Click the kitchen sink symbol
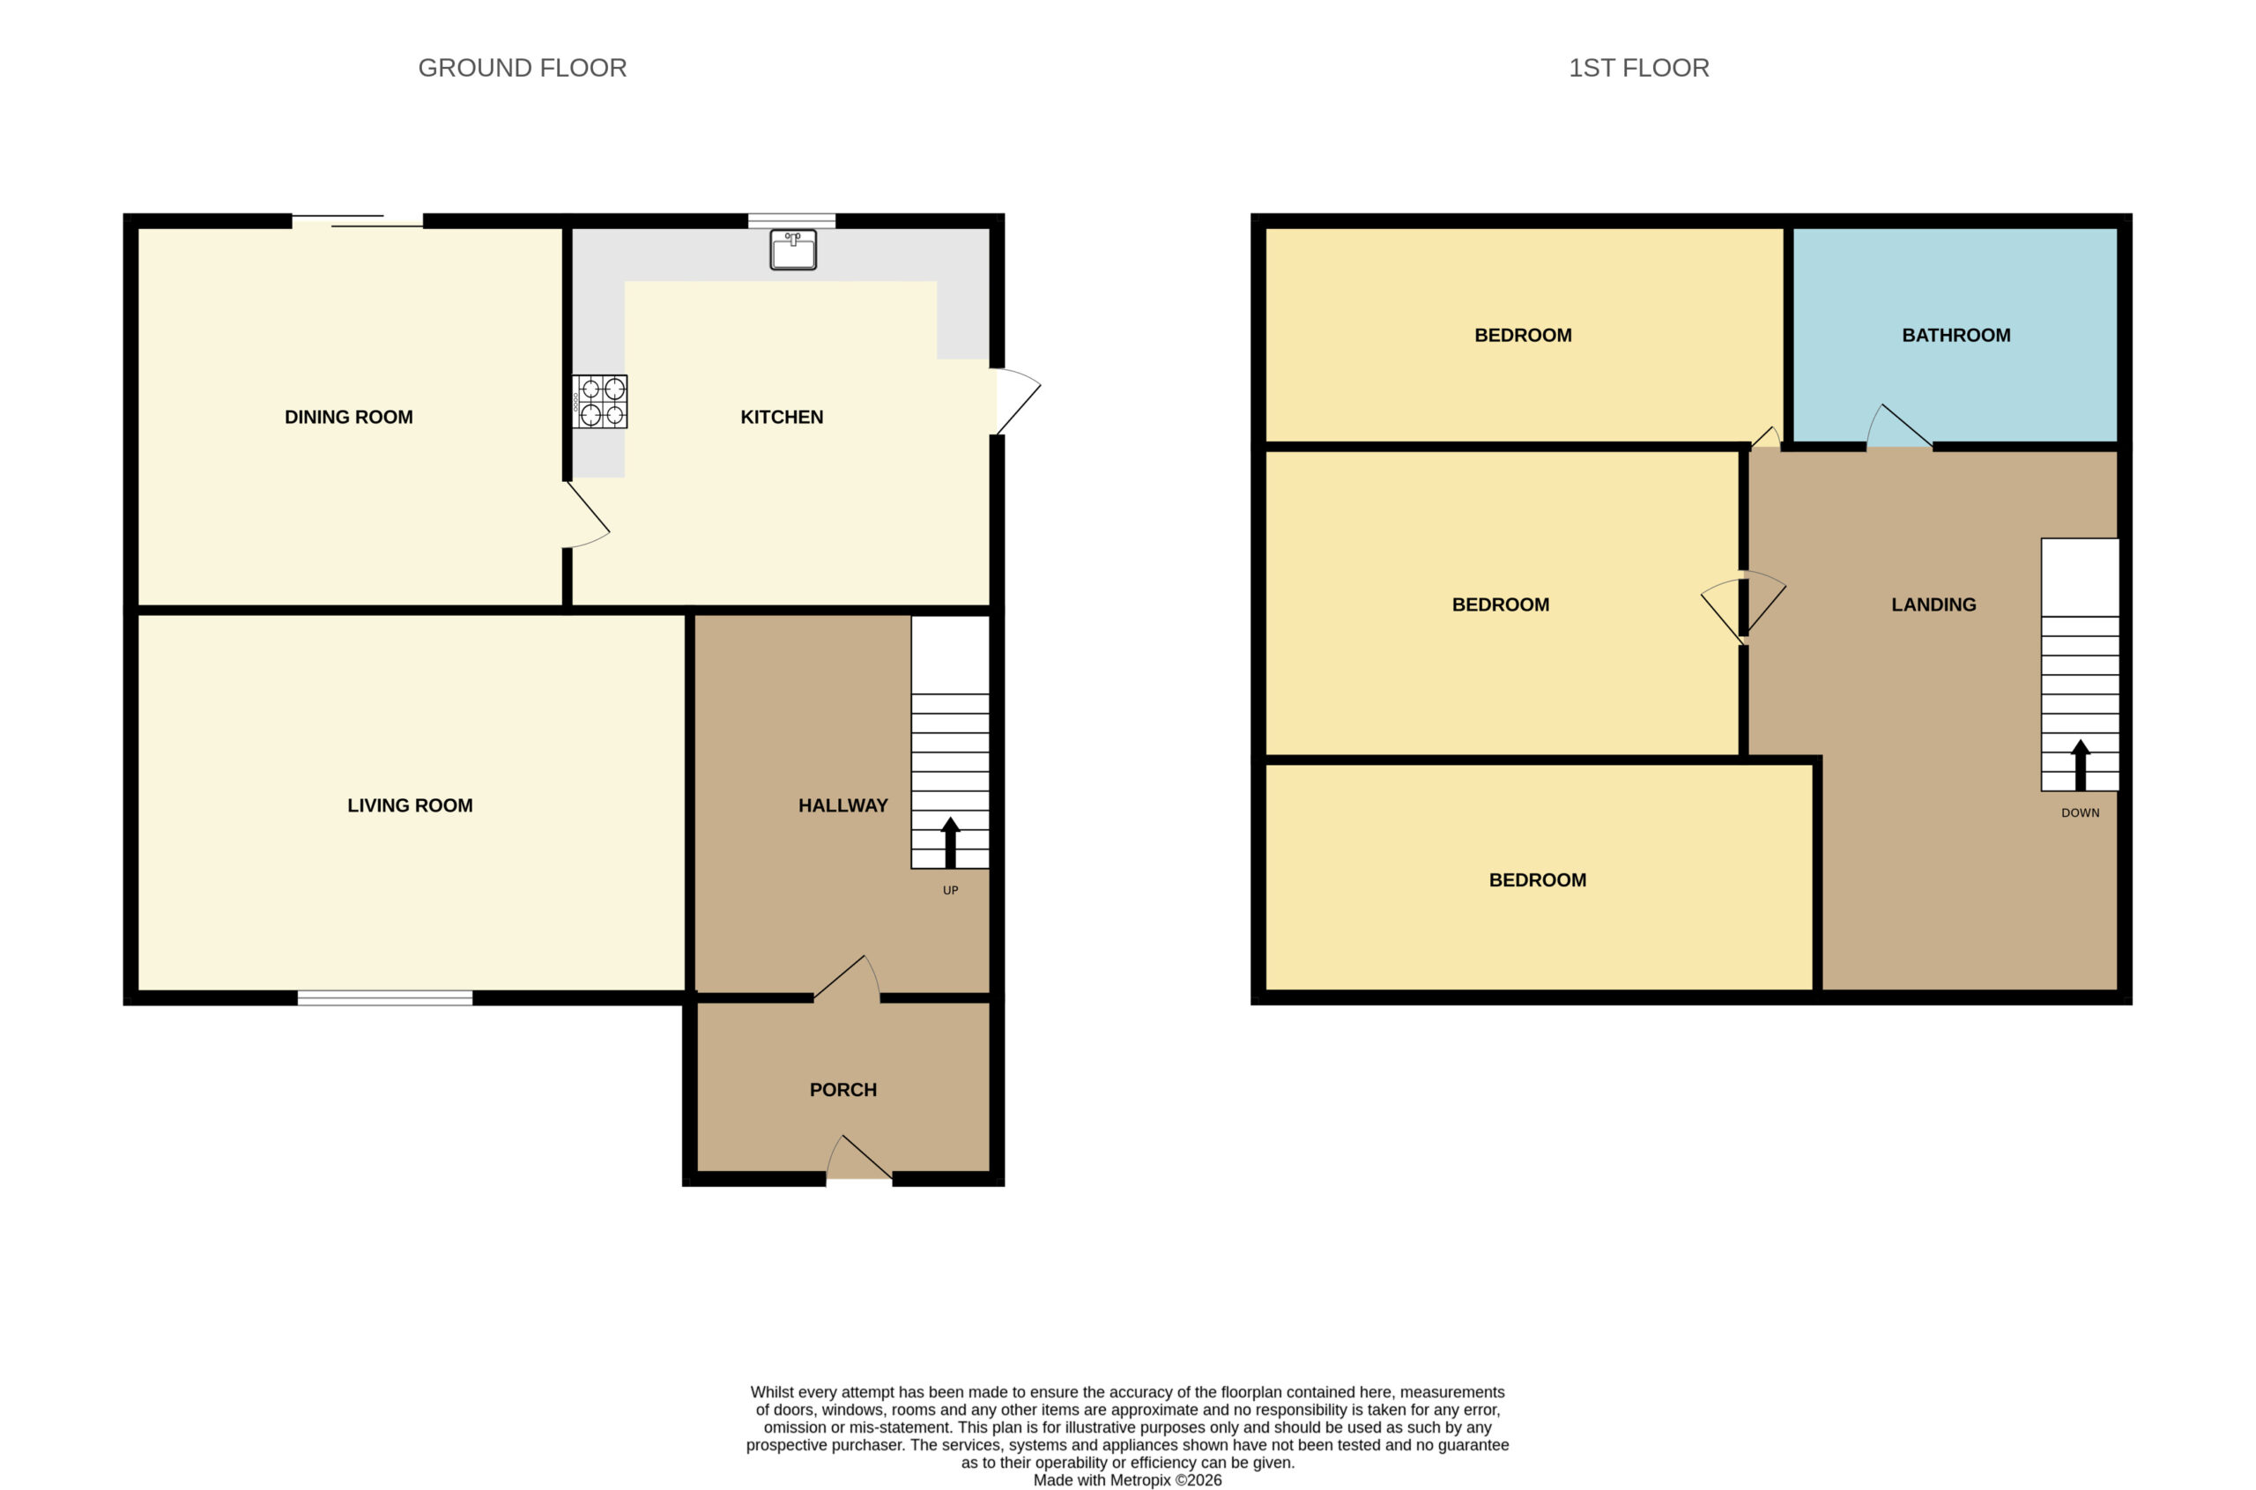[x=792, y=249]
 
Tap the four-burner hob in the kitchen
[x=599, y=401]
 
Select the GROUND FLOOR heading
[x=522, y=69]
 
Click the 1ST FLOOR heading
[x=1638, y=69]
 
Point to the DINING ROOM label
[x=349, y=417]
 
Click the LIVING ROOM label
[x=410, y=806]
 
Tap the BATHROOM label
[x=1955, y=336]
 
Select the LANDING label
[x=1933, y=604]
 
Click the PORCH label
[x=842, y=1090]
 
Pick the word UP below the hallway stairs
[x=950, y=891]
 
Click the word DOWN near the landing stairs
[x=2081, y=812]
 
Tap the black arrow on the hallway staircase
[x=950, y=842]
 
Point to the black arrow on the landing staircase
[x=2081, y=764]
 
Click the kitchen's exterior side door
[x=1016, y=401]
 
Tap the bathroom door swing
[x=1900, y=426]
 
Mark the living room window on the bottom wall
[x=385, y=997]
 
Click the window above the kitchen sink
[x=791, y=221]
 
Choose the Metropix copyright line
[x=1127, y=1479]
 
